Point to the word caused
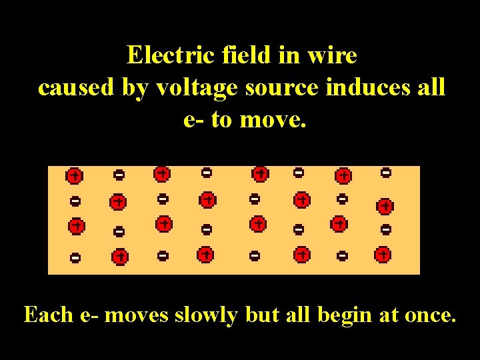click(77, 87)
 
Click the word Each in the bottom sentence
click(49, 314)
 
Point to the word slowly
click(206, 315)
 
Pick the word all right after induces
click(429, 87)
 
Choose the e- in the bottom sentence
click(89, 315)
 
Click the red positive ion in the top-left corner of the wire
click(74, 176)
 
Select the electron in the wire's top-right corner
click(385, 173)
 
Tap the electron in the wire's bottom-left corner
click(75, 257)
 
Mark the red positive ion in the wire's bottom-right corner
click(383, 254)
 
